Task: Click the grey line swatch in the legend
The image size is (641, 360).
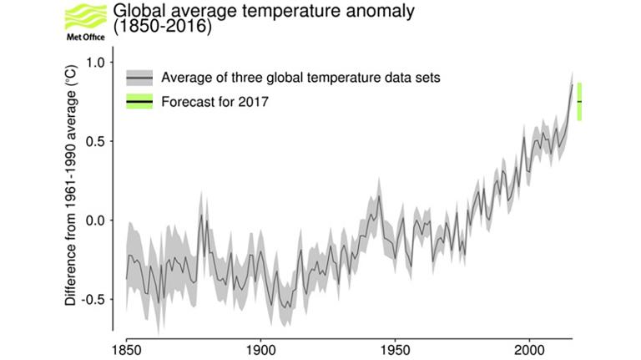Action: coord(139,79)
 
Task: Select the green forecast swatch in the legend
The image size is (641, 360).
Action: coord(139,102)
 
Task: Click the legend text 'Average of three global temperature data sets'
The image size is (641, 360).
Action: coord(301,79)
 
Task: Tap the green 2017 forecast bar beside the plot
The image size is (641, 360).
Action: coord(579,101)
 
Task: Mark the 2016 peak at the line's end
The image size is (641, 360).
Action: coord(572,84)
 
